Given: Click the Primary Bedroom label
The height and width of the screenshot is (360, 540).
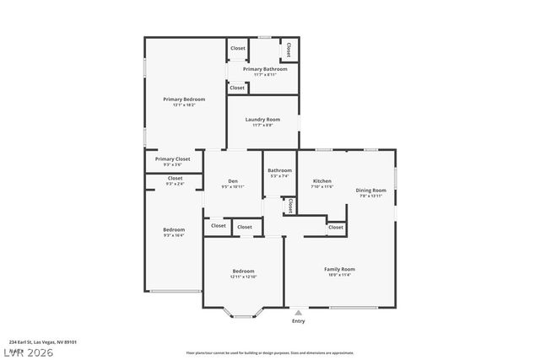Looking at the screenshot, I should pos(183,99).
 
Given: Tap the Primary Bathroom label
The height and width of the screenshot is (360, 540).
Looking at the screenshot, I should pos(265,69).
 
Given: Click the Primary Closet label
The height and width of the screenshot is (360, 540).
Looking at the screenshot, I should pos(172,159).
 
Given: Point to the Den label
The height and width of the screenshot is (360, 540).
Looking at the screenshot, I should pos(232,181).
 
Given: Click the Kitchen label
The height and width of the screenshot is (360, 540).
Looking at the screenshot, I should pos(321,181).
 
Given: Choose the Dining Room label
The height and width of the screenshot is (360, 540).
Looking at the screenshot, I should pos(370,190).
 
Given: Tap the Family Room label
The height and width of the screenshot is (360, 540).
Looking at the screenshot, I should pos(339,269).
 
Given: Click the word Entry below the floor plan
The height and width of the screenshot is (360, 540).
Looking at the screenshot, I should pos(298,321).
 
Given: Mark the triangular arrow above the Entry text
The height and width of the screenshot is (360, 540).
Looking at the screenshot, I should pos(298,313).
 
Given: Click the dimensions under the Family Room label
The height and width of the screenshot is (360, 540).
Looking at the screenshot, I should pos(339,275).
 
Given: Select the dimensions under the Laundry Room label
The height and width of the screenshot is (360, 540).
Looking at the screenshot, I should pos(262,126).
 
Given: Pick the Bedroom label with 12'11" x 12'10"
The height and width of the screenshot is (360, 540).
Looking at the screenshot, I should pos(244,271).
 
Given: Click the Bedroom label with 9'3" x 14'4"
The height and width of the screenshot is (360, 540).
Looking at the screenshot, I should pos(174,229).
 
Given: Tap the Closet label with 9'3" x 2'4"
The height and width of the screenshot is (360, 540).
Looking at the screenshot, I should pos(175,179).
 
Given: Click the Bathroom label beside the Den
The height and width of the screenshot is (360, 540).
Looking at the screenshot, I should pos(280,170).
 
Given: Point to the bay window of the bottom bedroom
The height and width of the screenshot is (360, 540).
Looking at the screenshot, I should pos(243,315).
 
